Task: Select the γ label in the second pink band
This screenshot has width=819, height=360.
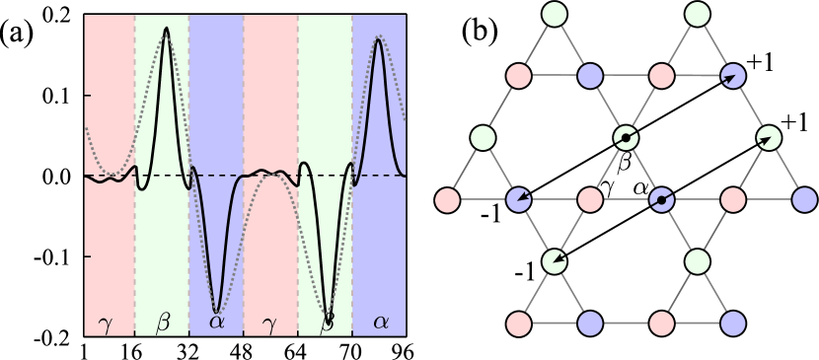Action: [269, 323]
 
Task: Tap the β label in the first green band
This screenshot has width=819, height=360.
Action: [163, 322]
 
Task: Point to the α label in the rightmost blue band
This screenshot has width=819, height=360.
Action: [381, 323]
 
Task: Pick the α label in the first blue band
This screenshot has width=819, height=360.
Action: [217, 323]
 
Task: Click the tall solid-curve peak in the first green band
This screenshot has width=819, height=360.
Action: [166, 30]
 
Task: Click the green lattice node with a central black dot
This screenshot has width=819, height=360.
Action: [626, 138]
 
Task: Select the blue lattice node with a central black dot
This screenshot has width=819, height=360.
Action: [661, 200]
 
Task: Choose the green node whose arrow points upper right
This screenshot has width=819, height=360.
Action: [768, 138]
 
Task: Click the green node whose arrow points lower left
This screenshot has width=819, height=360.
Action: [555, 261]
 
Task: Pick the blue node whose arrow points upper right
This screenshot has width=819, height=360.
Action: [732, 76]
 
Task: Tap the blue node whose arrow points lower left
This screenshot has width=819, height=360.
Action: [518, 200]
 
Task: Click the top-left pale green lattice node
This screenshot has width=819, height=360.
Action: [555, 14]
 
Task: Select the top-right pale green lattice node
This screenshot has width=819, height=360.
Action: [697, 14]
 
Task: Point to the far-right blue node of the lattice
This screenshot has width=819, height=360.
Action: [804, 200]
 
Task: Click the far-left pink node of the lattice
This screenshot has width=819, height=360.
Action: [447, 200]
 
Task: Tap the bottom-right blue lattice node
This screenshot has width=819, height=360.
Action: [732, 324]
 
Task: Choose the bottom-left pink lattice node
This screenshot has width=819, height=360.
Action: [518, 324]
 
